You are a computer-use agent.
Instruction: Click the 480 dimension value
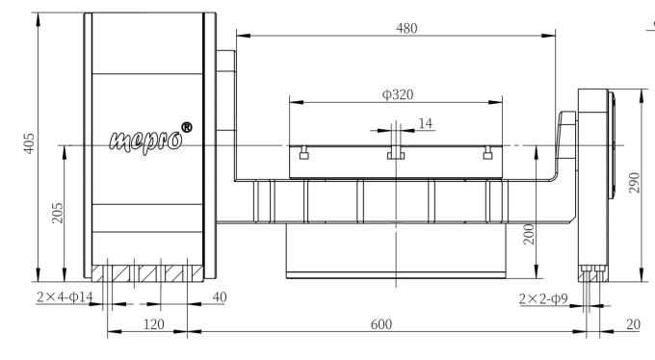[406, 28]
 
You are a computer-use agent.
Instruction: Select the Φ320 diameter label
[398, 94]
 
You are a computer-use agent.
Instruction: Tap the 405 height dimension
[28, 143]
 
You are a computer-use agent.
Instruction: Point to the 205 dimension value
[57, 213]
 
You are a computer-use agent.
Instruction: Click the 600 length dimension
[381, 324]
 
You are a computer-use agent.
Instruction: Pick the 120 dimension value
[154, 324]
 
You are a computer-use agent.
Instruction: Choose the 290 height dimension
[634, 183]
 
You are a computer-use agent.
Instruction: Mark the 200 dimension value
[529, 234]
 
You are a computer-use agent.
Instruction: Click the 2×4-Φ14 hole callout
[65, 296]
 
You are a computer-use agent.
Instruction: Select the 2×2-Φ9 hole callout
[543, 298]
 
